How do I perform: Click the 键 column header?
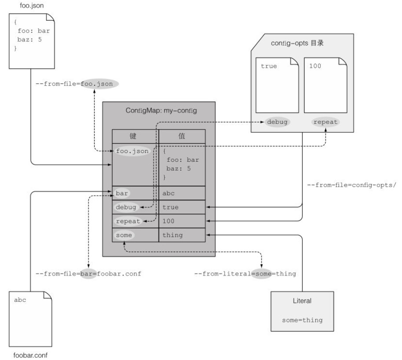135,136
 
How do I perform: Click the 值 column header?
182,136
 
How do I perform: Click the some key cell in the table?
124,235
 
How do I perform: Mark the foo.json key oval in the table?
132,151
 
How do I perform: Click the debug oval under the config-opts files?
277,122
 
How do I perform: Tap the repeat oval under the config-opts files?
325,122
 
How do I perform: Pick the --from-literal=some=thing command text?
245,274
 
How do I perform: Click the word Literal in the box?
302,301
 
